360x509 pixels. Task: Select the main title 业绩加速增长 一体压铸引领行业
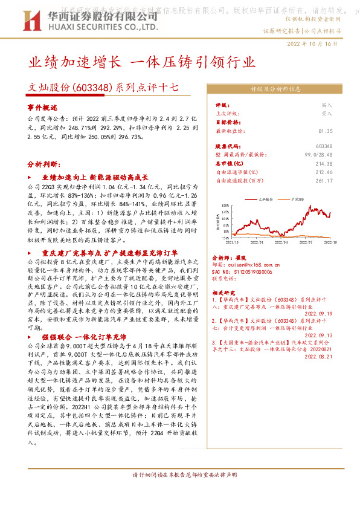click(143, 62)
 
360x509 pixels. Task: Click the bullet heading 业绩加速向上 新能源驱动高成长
click(94, 178)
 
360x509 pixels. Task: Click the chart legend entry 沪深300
click(296, 198)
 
